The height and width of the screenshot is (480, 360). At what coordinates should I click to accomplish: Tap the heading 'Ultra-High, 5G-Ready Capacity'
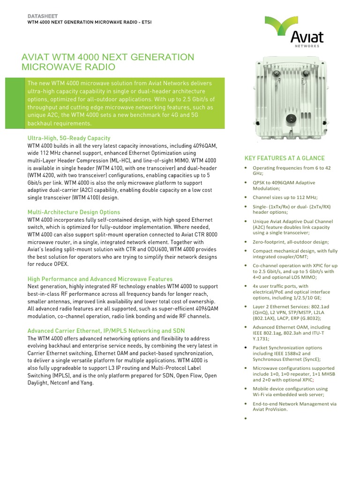point(69,138)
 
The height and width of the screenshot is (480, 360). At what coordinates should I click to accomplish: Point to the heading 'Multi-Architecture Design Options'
point(74,212)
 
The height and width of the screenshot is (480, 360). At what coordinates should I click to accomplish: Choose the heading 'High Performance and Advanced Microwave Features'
point(100,279)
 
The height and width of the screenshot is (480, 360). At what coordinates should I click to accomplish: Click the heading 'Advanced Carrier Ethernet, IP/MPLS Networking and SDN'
point(106,330)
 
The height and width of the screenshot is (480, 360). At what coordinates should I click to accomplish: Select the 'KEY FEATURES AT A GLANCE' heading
point(284,158)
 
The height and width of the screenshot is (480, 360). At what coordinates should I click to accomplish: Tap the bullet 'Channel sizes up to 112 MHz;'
point(288,198)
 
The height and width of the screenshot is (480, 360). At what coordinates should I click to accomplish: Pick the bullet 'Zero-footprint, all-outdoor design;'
point(291,242)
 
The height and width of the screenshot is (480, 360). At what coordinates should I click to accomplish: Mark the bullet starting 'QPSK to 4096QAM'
point(284,185)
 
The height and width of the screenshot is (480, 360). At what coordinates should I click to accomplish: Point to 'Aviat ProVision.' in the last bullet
point(270,409)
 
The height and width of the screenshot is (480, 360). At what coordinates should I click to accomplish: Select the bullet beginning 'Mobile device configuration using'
point(289,391)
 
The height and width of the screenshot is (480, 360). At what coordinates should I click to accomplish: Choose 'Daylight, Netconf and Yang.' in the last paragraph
point(60,382)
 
